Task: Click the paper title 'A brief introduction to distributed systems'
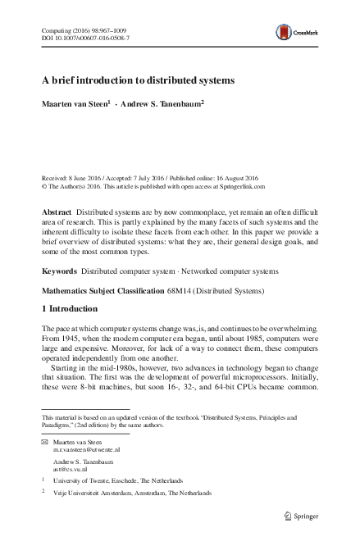coord(139,81)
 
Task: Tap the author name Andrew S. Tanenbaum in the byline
coord(160,104)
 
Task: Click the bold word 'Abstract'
coord(60,212)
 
